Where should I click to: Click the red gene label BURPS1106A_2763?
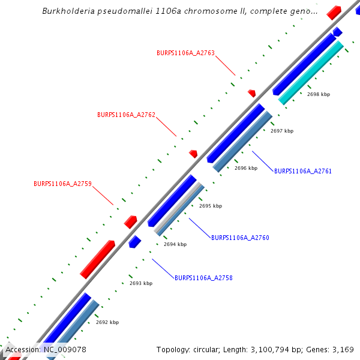click(x=185, y=53)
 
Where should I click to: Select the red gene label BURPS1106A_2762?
click(x=126, y=115)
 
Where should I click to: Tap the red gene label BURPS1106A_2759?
click(x=62, y=184)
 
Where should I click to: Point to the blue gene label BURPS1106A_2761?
click(x=303, y=171)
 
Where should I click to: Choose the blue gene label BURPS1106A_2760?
click(x=240, y=238)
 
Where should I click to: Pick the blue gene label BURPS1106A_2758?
click(x=203, y=278)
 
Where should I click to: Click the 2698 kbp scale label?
click(x=319, y=94)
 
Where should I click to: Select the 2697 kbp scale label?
click(x=282, y=131)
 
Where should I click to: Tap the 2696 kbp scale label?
click(x=246, y=168)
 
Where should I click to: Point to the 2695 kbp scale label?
click(x=211, y=206)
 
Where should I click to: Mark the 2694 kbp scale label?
click(x=175, y=244)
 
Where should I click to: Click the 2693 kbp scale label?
click(x=141, y=283)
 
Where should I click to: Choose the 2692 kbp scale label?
click(x=107, y=322)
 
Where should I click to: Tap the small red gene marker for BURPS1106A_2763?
click(x=252, y=93)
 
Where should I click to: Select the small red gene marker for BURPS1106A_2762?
click(x=193, y=154)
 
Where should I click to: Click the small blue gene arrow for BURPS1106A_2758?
click(x=134, y=242)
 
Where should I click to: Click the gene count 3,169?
click(x=341, y=349)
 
